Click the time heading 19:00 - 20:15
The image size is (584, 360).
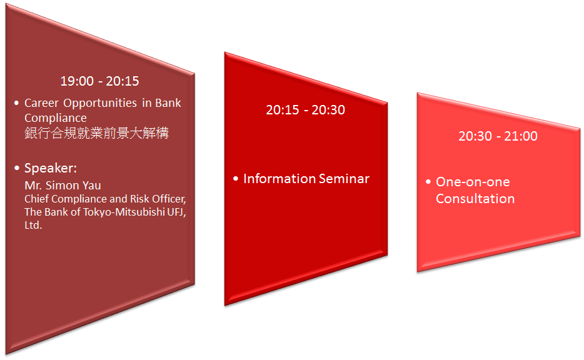pyautogui.click(x=100, y=81)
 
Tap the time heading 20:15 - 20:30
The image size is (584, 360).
pyautogui.click(x=305, y=110)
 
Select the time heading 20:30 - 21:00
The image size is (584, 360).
pyautogui.click(x=498, y=136)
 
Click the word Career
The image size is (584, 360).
pyautogui.click(x=41, y=102)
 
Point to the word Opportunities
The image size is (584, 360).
pyautogui.click(x=100, y=103)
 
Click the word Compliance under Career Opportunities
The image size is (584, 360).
pyautogui.click(x=56, y=118)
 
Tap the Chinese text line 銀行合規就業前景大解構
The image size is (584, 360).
pyautogui.click(x=96, y=133)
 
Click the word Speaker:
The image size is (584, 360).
pyautogui.click(x=51, y=168)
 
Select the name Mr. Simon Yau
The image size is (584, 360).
pyautogui.click(x=63, y=186)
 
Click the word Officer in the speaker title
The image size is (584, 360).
pyautogui.click(x=169, y=199)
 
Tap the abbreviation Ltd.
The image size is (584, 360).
pyautogui.click(x=33, y=225)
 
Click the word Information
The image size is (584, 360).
pyautogui.click(x=279, y=179)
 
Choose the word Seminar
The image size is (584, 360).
pyautogui.click(x=344, y=179)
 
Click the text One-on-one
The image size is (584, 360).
pyautogui.click(x=473, y=182)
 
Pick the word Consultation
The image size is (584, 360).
pyautogui.click(x=475, y=199)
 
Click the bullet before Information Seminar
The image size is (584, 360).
pyautogui.click(x=235, y=179)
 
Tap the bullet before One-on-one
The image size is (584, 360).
pyautogui.click(x=428, y=182)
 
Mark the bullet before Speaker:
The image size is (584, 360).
pyautogui.click(x=16, y=168)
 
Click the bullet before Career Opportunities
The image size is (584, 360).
pyautogui.click(x=16, y=102)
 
